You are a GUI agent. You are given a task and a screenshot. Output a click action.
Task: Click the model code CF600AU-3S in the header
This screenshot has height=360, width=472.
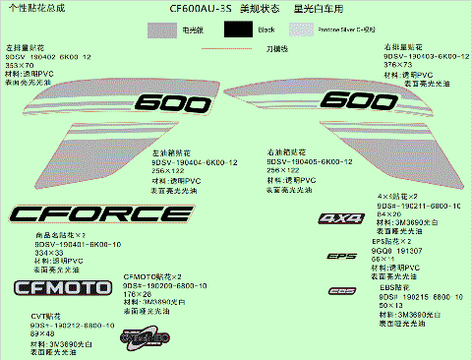pyautogui.click(x=200, y=7)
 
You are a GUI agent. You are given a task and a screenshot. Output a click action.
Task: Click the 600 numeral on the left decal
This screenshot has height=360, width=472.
pyautogui.click(x=168, y=102)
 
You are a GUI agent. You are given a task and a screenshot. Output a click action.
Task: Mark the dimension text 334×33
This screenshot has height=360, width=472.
pyautogui.click(x=49, y=252)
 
